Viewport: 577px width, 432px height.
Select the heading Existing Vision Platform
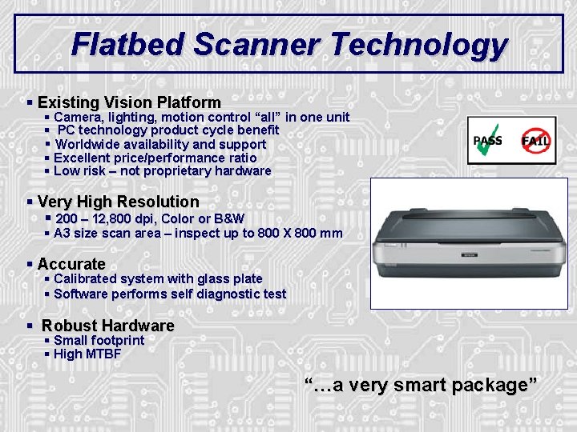[129, 102]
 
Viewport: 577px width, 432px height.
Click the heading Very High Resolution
[118, 202]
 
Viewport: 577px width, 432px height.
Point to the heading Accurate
[71, 264]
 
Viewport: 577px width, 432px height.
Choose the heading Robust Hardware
[107, 326]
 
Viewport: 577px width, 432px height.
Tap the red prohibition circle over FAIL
[535, 141]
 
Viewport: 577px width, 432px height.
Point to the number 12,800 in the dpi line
[128, 218]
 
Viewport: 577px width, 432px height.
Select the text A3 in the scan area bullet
[63, 234]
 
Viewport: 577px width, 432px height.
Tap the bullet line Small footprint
[99, 341]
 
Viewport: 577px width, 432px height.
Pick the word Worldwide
[91, 145]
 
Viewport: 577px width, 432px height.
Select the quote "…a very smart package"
[422, 385]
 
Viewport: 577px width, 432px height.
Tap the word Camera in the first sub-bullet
[78, 118]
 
